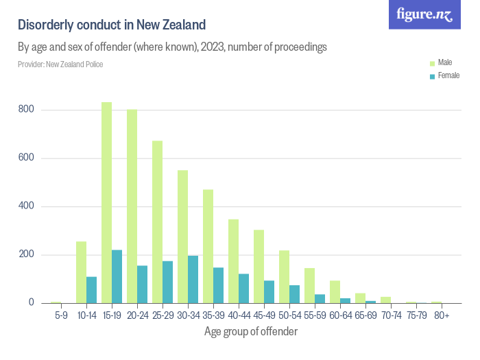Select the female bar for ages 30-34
click(x=193, y=280)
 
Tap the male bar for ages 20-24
click(x=132, y=206)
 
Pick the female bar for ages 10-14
click(x=91, y=290)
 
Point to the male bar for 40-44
click(x=233, y=261)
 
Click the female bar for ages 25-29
click(x=167, y=282)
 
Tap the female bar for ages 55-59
click(x=320, y=299)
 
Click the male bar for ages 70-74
click(x=385, y=300)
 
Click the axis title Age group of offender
click(x=251, y=332)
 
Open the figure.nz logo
click(x=424, y=14)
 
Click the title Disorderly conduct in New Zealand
click(x=112, y=25)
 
